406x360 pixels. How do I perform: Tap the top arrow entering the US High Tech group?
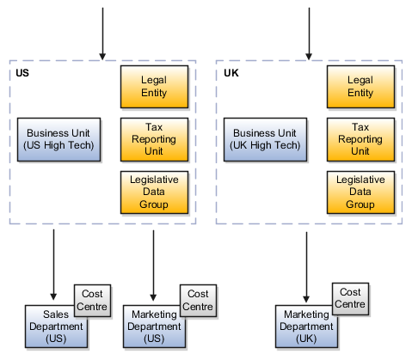pos(102,34)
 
